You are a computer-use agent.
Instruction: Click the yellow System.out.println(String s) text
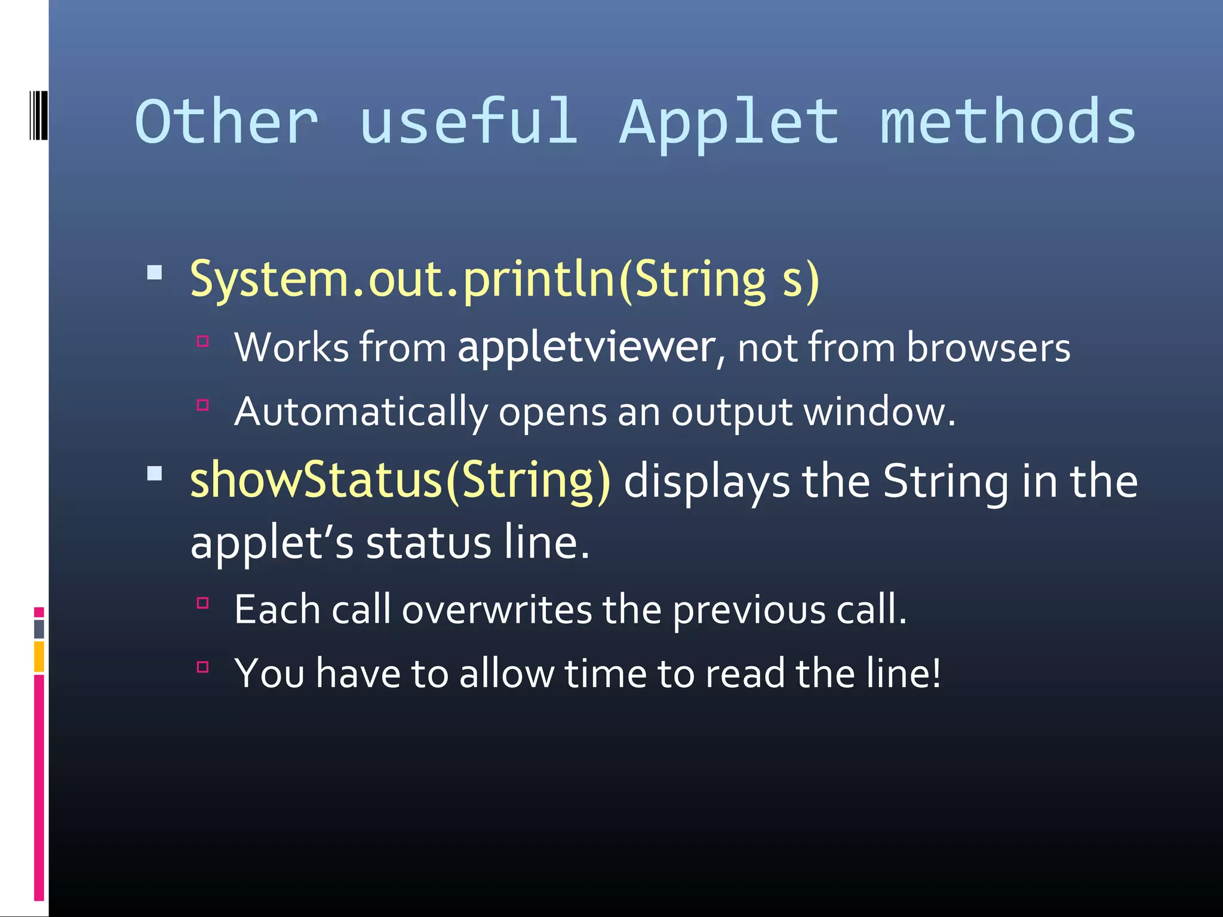(505, 279)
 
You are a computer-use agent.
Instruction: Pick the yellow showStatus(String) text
(400, 481)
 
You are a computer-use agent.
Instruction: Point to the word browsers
(988, 347)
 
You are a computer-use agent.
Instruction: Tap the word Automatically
(361, 413)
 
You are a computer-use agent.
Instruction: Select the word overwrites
(497, 610)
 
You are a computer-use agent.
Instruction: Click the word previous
(749, 610)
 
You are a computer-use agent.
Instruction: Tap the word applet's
(272, 543)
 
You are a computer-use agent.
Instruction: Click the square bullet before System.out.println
(155, 273)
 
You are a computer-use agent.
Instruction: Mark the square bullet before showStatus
(155, 474)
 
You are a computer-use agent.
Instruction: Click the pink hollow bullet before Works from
(203, 341)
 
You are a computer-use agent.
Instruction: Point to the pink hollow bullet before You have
(203, 667)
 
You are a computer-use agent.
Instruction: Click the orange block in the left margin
(39, 656)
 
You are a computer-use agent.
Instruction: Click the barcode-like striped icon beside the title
(38, 115)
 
